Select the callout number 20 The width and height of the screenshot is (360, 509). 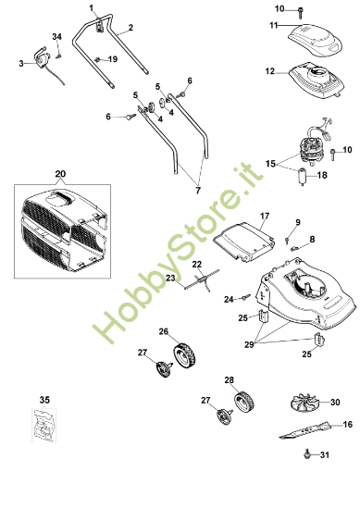tap(61, 173)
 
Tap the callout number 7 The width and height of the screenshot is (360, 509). tap(196, 191)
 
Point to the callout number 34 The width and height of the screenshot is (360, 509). tap(57, 35)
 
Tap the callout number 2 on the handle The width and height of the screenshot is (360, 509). tap(130, 27)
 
